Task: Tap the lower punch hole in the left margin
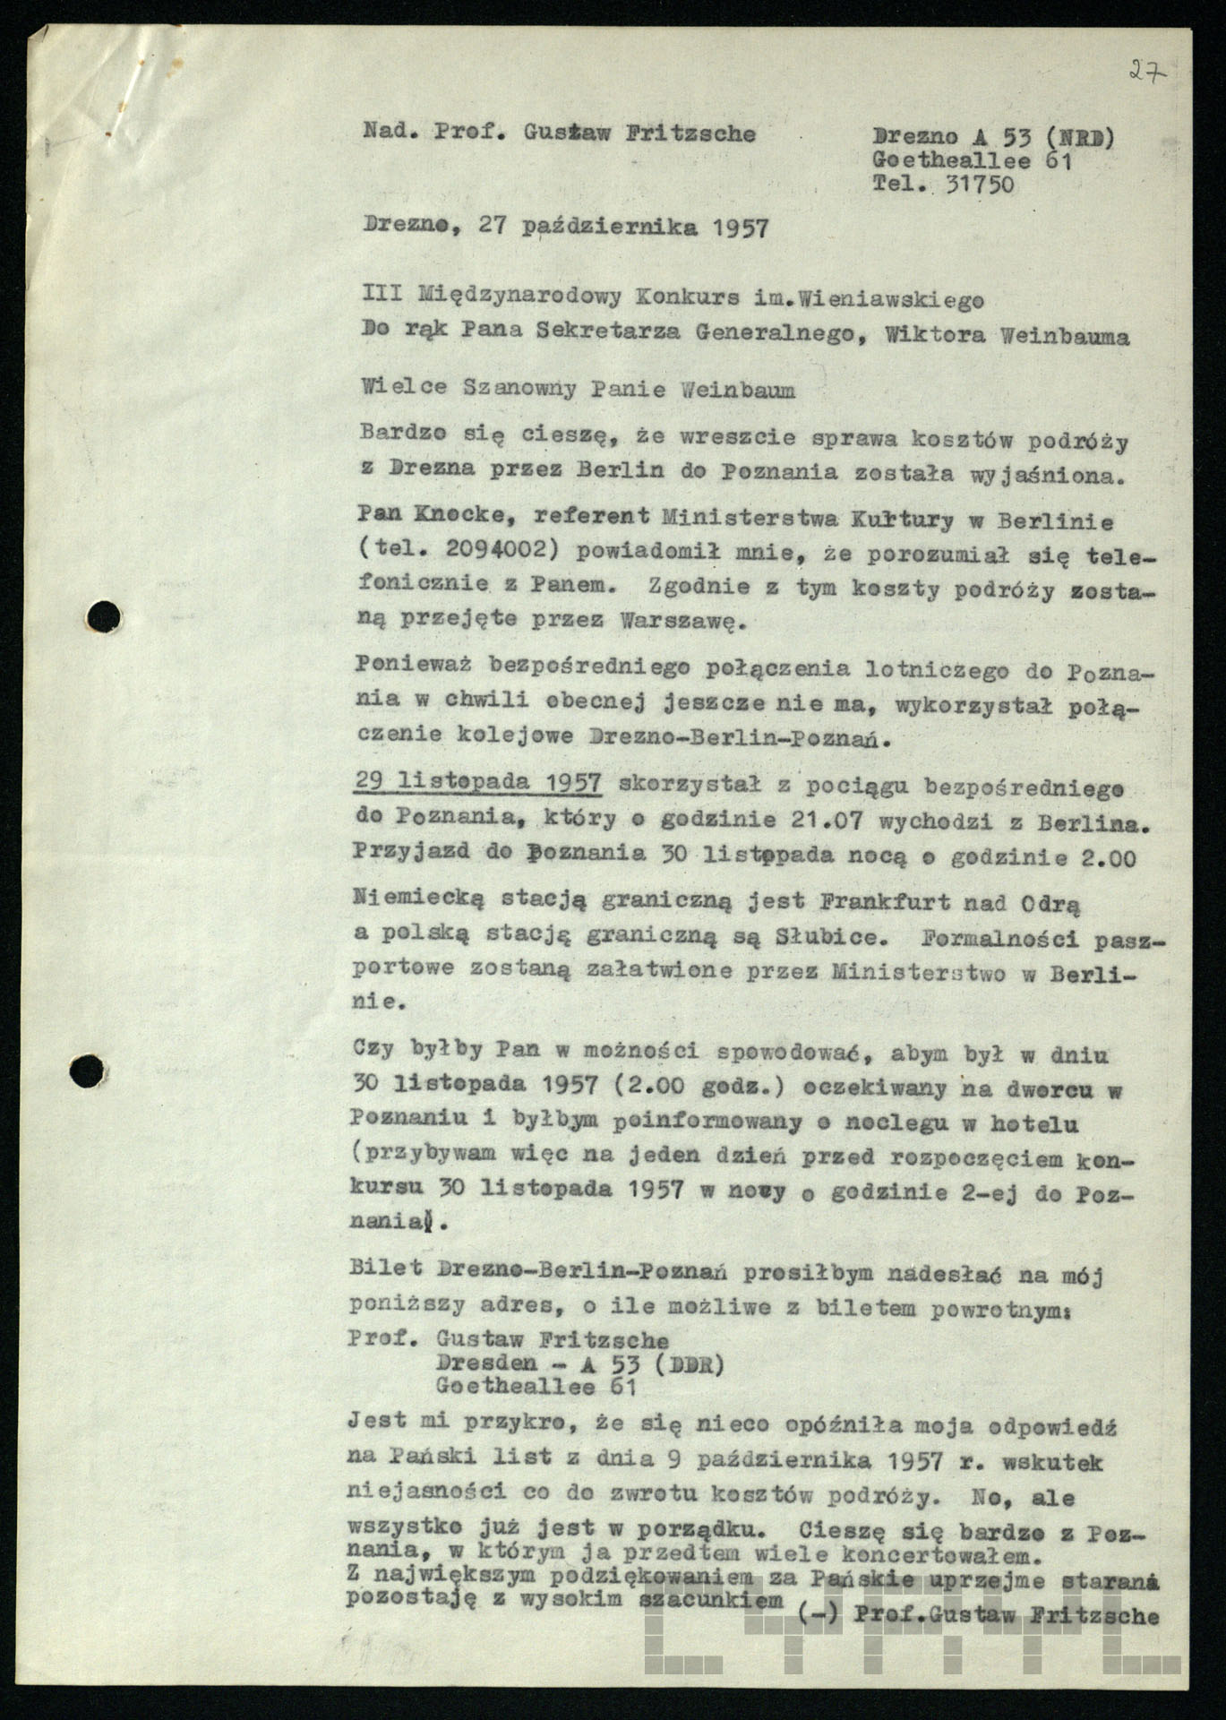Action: pyautogui.click(x=89, y=1069)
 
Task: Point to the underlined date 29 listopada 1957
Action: pyautogui.click(x=477, y=782)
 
